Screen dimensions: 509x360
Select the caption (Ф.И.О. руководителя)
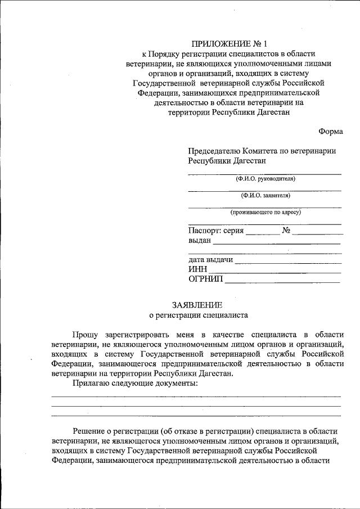pos(265,179)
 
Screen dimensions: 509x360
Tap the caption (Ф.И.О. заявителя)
pos(265,196)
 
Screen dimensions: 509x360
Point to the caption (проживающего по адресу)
pos(265,213)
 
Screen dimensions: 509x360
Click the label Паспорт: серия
pos(216,230)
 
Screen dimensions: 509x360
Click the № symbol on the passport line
pos(286,230)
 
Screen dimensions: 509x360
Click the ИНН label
pos(197,269)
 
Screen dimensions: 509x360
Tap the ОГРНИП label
pos(205,279)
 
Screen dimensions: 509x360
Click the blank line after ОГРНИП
pos(282,280)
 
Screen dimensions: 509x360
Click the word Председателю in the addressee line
pos(214,151)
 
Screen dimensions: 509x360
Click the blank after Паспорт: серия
pos(262,231)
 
